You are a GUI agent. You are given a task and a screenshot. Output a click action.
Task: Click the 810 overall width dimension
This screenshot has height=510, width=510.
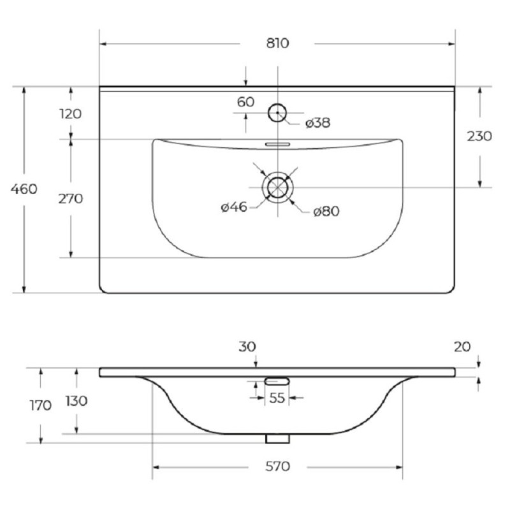point(277,43)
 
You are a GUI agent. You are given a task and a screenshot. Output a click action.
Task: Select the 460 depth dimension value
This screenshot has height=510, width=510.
point(24,189)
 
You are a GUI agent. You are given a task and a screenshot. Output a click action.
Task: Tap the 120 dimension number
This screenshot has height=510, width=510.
point(71,114)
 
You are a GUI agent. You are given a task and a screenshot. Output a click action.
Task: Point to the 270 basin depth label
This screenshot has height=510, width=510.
point(71,199)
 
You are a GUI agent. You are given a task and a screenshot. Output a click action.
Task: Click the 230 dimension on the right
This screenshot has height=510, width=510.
point(479,136)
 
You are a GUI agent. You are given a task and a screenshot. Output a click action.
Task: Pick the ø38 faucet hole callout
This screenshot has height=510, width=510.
point(317,123)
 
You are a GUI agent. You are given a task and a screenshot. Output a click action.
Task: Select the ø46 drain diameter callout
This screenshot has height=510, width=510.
point(234,207)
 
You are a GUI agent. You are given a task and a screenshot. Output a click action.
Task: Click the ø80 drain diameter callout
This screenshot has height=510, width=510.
point(326,212)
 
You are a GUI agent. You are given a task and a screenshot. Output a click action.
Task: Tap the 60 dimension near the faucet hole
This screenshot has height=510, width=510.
point(245,102)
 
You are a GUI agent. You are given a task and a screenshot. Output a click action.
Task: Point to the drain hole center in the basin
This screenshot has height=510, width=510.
point(277,187)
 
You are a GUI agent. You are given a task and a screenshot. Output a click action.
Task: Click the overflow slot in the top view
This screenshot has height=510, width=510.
point(277,144)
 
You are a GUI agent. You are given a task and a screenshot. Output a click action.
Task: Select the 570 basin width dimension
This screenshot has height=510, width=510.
point(277,467)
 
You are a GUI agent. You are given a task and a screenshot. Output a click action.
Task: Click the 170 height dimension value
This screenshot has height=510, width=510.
point(41,405)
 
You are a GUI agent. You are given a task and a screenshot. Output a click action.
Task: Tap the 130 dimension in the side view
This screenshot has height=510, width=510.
point(76,401)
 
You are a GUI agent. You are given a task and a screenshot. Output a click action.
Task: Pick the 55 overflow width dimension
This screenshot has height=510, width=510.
point(277,398)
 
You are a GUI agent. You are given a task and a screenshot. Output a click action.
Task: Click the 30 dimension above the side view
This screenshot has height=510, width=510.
point(247,347)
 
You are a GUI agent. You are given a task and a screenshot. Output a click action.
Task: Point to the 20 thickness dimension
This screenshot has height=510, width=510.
point(462,347)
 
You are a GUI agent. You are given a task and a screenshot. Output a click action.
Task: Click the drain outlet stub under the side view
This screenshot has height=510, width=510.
point(277,439)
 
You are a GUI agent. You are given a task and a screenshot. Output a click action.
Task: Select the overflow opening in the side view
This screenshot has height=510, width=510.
point(277,381)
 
